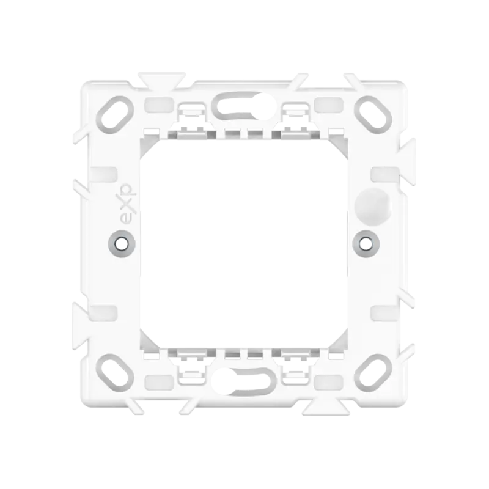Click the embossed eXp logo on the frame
(x=125, y=204)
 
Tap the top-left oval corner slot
(x=115, y=115)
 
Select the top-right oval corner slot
(x=373, y=115)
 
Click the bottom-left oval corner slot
(x=115, y=373)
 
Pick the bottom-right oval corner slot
(x=373, y=373)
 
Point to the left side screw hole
(x=122, y=243)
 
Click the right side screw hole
(x=366, y=243)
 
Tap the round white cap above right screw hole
(x=373, y=206)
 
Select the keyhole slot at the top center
(x=244, y=106)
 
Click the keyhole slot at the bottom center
(x=244, y=381)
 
